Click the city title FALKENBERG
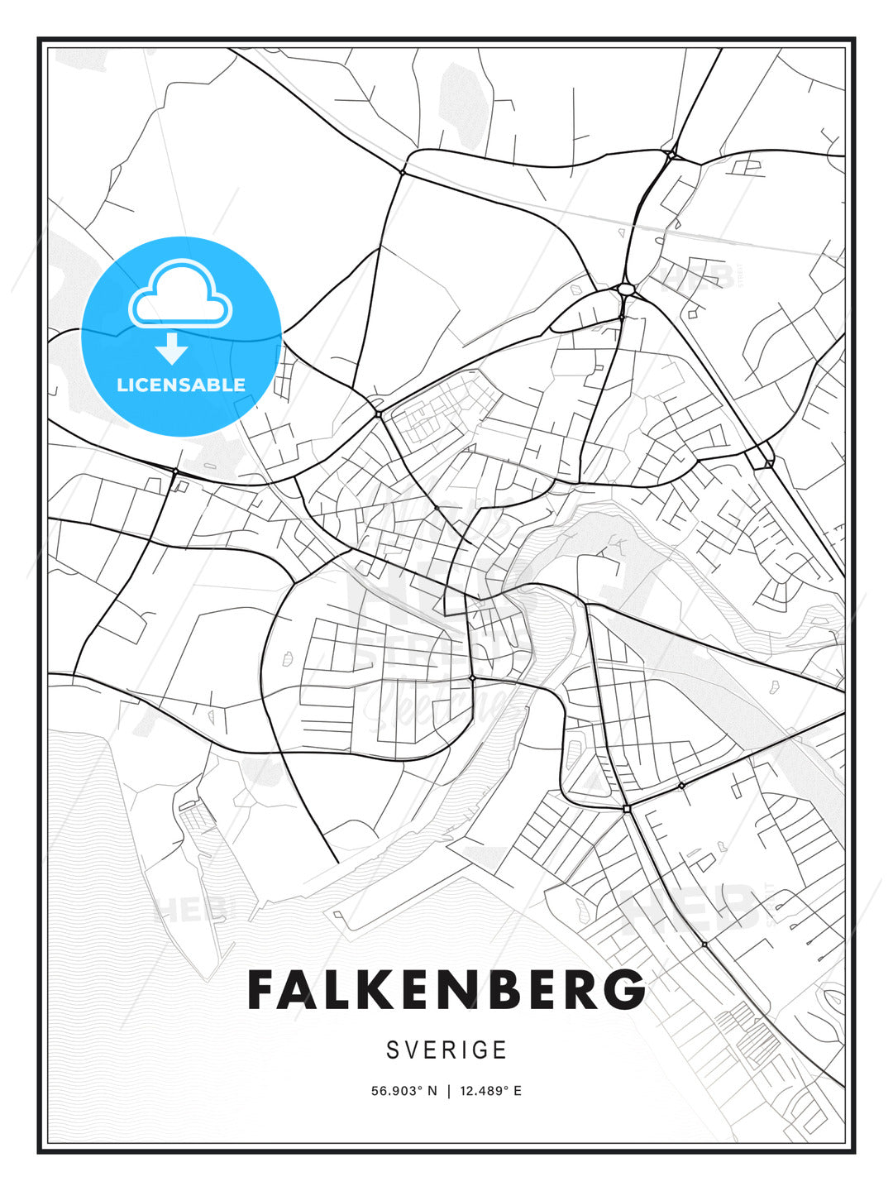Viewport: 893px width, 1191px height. click(446, 990)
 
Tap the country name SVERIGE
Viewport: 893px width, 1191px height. click(446, 1050)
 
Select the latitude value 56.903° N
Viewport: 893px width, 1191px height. click(404, 1091)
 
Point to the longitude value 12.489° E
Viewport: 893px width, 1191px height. click(491, 1091)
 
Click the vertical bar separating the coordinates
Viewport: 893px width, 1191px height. click(448, 1091)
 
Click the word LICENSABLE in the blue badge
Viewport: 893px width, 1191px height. click(181, 385)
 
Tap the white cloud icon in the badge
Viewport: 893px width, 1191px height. click(180, 294)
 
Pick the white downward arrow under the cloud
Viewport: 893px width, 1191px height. click(172, 348)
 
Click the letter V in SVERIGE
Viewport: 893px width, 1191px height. click(413, 1050)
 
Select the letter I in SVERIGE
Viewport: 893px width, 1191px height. click(465, 1050)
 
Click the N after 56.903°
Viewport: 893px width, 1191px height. click(431, 1091)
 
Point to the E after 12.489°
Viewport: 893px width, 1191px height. click(518, 1091)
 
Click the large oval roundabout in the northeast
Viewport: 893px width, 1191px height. click(625, 289)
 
